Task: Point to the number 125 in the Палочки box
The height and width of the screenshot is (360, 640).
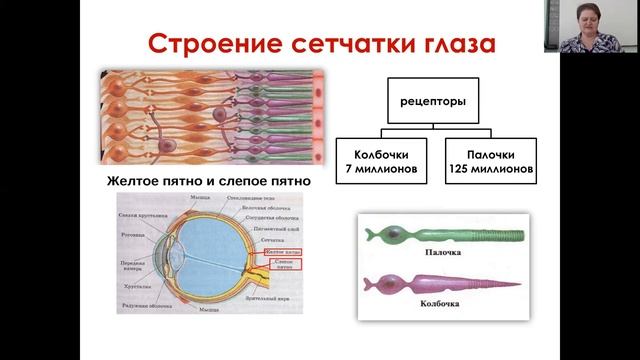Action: tap(459, 170)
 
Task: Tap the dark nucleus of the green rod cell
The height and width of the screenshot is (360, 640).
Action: tap(397, 235)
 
